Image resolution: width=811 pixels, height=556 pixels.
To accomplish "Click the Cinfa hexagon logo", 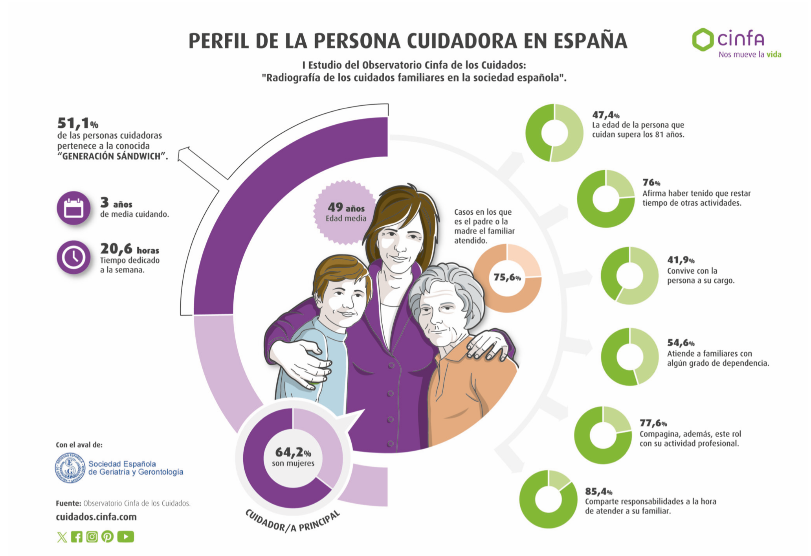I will (703, 39).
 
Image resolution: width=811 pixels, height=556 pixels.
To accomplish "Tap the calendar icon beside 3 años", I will (73, 208).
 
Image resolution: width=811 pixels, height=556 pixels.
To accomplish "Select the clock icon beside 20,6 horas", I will (73, 257).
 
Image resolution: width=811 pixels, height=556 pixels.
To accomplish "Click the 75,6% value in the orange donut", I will (507, 278).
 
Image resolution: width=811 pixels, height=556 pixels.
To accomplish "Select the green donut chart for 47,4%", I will (554, 133).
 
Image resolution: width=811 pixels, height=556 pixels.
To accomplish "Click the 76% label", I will (651, 182).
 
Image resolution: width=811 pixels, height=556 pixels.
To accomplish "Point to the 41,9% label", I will (681, 260).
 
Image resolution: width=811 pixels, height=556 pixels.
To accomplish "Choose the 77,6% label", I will (653, 423).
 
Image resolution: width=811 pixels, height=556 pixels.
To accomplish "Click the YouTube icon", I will (126, 537).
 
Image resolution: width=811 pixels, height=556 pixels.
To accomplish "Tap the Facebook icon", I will (77, 537).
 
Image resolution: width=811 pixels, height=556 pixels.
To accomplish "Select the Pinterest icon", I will (107, 537).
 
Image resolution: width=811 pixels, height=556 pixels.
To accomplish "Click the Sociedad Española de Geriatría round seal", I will (70, 468).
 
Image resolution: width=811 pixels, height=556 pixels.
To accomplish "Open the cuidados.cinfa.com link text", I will (96, 517).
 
